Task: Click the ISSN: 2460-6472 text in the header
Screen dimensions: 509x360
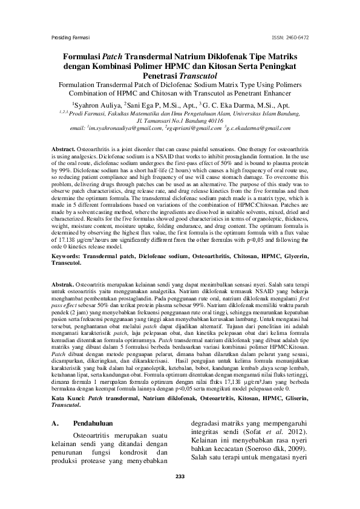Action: pos(292,37)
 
